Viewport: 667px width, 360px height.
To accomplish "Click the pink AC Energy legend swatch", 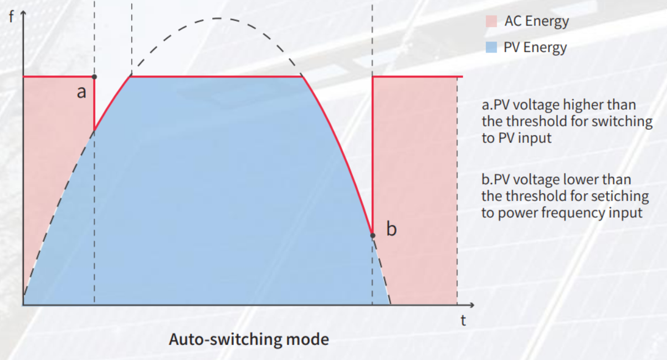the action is click(x=491, y=22).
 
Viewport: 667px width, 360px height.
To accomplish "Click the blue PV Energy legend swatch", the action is click(x=491, y=47).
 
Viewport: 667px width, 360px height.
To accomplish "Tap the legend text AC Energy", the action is click(x=537, y=22).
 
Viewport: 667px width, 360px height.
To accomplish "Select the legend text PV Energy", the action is click(x=535, y=48).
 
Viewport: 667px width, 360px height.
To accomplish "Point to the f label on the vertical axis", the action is click(x=11, y=17).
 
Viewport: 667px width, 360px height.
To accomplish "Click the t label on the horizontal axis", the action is click(x=463, y=320).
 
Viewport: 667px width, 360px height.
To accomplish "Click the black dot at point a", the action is click(x=94, y=77).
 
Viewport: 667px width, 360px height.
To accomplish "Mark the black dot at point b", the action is click(x=372, y=235).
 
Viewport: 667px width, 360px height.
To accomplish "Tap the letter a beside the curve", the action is click(x=81, y=92).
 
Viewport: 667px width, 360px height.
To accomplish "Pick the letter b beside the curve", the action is click(x=392, y=229).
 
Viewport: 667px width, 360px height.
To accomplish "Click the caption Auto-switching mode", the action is click(x=249, y=340).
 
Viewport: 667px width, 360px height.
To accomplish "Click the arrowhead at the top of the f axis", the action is click(x=23, y=13).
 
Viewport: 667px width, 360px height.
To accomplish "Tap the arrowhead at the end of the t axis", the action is click(x=471, y=305).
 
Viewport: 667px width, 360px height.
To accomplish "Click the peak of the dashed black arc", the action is click(x=217, y=18).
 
